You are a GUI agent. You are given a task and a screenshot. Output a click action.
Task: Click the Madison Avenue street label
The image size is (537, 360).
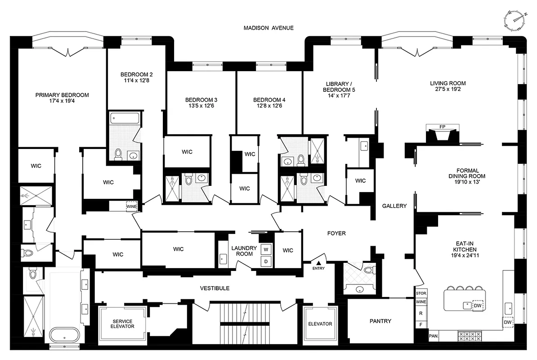pos(268,28)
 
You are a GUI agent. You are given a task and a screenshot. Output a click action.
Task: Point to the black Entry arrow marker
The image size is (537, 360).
pos(318,262)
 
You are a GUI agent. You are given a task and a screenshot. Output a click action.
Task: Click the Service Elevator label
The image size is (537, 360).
pos(122,324)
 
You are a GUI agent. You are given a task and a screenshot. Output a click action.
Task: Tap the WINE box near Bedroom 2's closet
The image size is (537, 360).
pos(131,207)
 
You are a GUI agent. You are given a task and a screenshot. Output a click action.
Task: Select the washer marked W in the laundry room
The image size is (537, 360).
pos(265,249)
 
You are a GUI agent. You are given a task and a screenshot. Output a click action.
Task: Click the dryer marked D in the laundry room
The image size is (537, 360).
pos(265,261)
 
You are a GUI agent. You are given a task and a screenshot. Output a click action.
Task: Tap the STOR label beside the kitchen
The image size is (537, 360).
pos(421,293)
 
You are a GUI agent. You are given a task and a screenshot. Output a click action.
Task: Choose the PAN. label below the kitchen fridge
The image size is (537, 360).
pos(434,336)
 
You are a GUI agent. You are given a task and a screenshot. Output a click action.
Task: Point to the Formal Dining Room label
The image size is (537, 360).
pos(470,173)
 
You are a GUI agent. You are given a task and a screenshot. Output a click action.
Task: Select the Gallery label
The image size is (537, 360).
pos(394,206)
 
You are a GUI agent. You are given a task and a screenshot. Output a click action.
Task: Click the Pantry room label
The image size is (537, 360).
pos(380,321)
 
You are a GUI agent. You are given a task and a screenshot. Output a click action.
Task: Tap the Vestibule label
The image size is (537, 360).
pos(215,288)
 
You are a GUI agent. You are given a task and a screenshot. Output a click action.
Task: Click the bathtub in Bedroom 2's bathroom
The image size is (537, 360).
pos(124,119)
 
